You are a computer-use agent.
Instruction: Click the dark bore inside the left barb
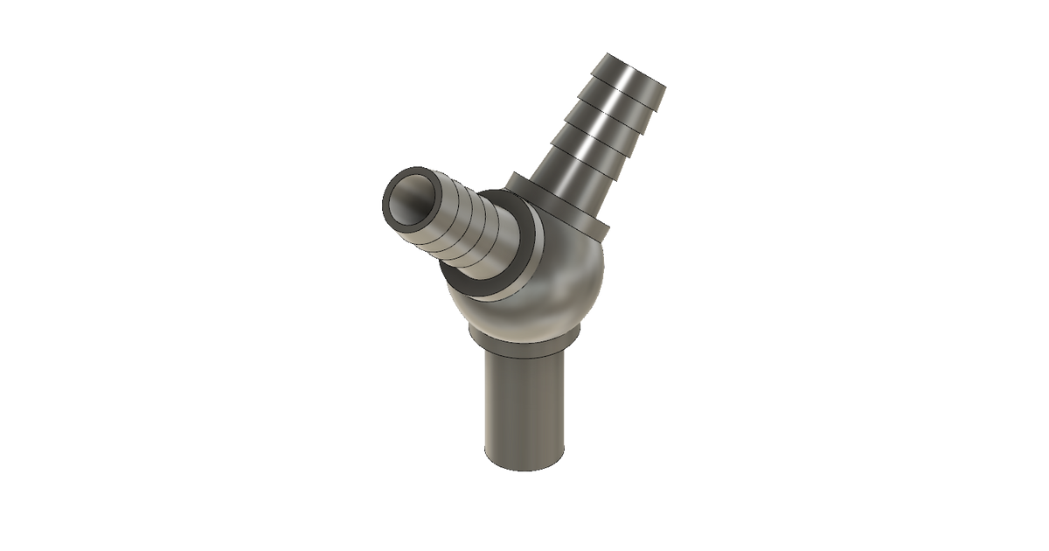pyautogui.click(x=410, y=202)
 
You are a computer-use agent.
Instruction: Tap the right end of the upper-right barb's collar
pyautogui.click(x=605, y=229)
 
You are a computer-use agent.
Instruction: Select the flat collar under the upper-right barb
pyautogui.click(x=559, y=210)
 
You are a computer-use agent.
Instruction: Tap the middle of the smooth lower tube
pyautogui.click(x=524, y=402)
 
